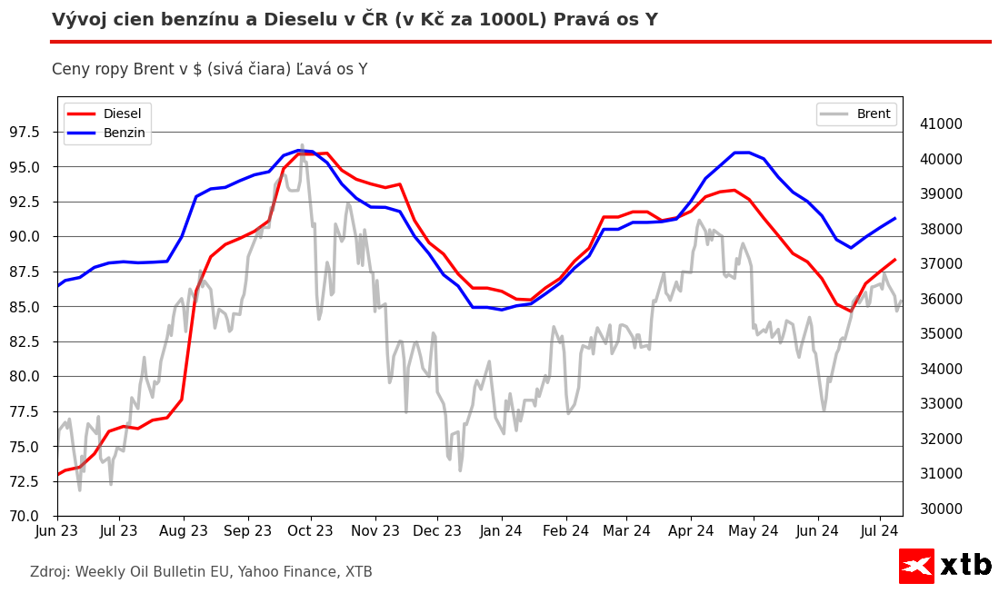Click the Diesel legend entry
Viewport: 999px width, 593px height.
(x=122, y=114)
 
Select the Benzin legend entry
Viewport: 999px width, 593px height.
(x=124, y=133)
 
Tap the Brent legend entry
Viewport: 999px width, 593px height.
(x=873, y=114)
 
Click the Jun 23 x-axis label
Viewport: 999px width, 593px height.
(x=57, y=530)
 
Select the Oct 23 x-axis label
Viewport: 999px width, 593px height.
(x=310, y=530)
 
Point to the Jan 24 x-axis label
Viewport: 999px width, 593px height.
(x=500, y=530)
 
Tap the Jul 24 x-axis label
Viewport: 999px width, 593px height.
(x=880, y=530)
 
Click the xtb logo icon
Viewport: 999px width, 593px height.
(x=916, y=566)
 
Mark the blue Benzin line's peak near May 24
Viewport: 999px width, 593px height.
(x=742, y=153)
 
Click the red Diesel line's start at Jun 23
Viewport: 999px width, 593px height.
(x=58, y=474)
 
